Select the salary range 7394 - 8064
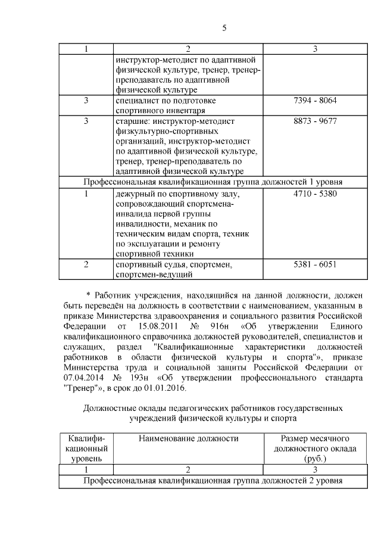316,100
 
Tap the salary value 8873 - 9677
316,121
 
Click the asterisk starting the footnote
89,295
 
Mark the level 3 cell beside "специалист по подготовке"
86,100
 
